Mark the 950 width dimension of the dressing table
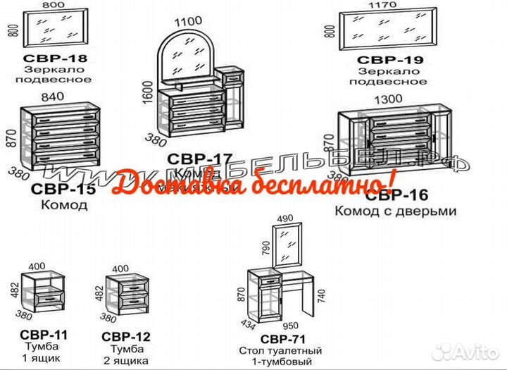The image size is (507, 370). click(x=290, y=326)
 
